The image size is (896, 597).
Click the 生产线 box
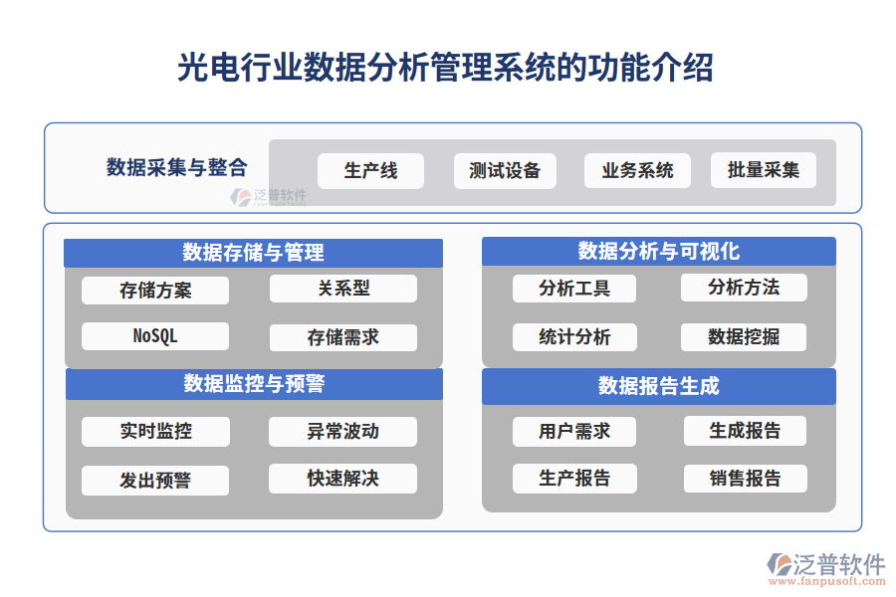370,170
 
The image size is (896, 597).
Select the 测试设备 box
505,170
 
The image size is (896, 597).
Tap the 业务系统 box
637,170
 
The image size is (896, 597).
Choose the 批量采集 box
764,170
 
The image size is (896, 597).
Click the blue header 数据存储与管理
253,253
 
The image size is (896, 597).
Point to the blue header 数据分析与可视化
658,251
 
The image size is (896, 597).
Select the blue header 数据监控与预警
254,383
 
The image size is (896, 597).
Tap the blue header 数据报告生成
658,385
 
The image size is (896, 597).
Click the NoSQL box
155,336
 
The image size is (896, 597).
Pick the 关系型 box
343,289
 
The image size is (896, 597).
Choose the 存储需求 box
343,337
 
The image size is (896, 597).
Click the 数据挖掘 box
744,337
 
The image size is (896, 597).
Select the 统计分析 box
574,337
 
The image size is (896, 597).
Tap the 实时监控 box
155,431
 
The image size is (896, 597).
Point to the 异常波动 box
343,431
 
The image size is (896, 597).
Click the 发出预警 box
155,480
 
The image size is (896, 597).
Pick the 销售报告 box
745,479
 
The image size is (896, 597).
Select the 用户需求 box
574,431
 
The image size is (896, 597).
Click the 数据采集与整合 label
177,167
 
